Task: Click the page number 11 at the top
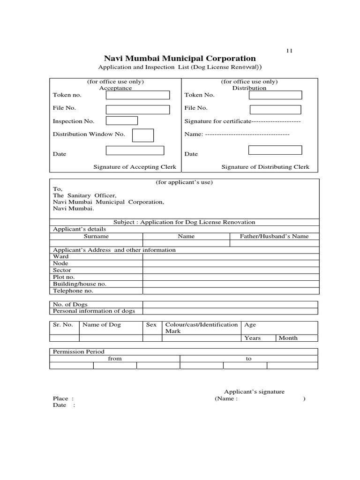[x=289, y=51]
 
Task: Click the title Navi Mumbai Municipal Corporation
[x=180, y=59]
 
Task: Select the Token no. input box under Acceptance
[x=137, y=95]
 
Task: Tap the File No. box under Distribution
[x=275, y=110]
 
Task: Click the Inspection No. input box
[x=121, y=121]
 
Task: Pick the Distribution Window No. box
[x=143, y=135]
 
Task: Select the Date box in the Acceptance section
[x=135, y=150]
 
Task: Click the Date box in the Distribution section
[x=275, y=150]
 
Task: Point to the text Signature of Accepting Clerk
[x=135, y=167]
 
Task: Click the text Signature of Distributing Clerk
[x=265, y=167]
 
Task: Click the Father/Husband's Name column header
[x=274, y=236]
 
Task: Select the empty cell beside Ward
[x=230, y=256]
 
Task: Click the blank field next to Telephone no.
[x=230, y=291]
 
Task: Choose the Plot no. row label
[x=64, y=277]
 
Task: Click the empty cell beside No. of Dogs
[x=230, y=304]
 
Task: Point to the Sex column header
[x=151, y=325]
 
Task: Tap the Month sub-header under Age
[x=288, y=338]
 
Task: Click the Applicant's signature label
[x=254, y=392]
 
